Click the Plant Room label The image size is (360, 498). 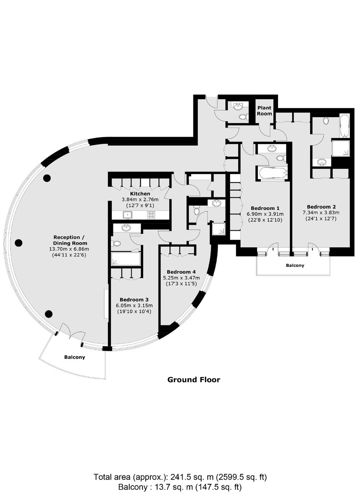[x=265, y=111]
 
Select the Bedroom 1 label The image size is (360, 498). [x=265, y=208]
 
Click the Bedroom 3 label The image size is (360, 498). [x=134, y=299]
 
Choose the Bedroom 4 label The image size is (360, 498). [x=181, y=272]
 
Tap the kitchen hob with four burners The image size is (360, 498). [x=151, y=214]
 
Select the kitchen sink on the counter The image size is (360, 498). [x=128, y=215]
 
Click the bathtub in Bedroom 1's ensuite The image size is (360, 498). [x=273, y=172]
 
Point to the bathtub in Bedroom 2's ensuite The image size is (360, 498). [x=344, y=126]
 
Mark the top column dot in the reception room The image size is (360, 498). [x=47, y=178]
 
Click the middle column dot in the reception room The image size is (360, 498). [x=18, y=243]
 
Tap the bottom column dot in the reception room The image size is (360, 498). [x=49, y=314]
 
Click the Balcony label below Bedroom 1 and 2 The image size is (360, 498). [x=295, y=265]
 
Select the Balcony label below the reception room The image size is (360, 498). [x=75, y=357]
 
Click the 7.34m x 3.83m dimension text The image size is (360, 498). [x=321, y=213]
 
